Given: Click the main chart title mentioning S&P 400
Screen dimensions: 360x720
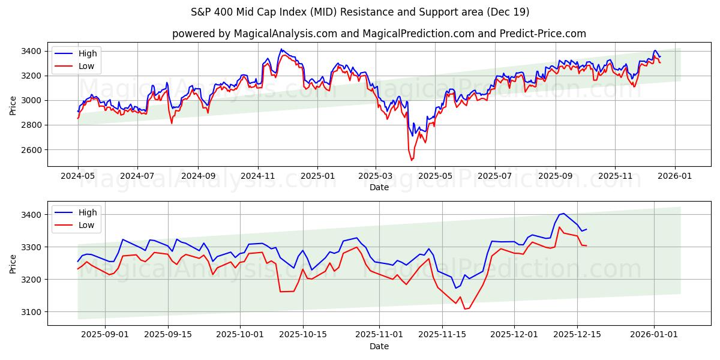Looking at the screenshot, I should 359,12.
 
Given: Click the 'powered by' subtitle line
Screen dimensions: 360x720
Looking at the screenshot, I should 379,34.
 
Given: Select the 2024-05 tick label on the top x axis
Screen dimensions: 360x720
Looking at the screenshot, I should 78,176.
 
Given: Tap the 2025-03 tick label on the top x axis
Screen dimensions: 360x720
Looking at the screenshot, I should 376,176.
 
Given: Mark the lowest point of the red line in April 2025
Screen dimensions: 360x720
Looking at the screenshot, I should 411,160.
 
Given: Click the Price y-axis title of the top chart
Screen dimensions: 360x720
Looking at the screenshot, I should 13,106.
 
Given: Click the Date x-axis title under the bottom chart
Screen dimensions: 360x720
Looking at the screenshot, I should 379,346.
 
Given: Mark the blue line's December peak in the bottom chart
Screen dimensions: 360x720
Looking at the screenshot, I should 563,214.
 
